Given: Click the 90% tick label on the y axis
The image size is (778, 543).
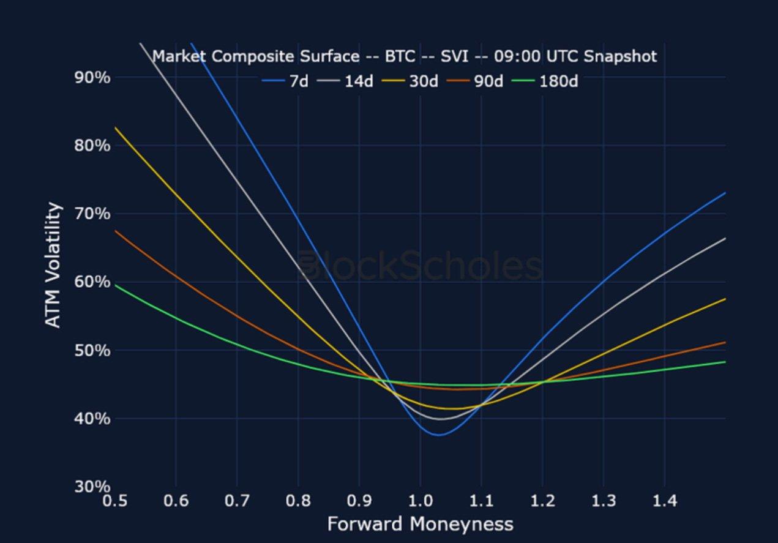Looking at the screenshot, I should pos(92,78).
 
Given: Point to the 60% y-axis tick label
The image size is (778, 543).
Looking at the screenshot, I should pos(92,282).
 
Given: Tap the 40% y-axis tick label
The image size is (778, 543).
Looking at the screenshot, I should pos(92,419).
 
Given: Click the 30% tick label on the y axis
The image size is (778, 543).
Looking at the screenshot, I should pos(92,487).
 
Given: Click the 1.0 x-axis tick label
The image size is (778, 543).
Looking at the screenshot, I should pos(420,501).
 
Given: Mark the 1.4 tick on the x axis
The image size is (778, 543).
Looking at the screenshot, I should pos(664,501).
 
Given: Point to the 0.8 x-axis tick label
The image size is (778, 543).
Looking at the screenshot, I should pos(297,501).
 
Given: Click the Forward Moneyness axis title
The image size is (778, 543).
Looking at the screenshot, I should pos(420,524).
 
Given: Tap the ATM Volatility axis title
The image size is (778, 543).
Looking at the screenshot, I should pos(54,265).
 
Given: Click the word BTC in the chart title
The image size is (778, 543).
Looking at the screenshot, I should pos(400,57).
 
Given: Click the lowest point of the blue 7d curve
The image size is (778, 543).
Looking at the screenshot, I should pos(439,435).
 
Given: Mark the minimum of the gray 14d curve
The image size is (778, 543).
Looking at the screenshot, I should pos(441,419).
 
